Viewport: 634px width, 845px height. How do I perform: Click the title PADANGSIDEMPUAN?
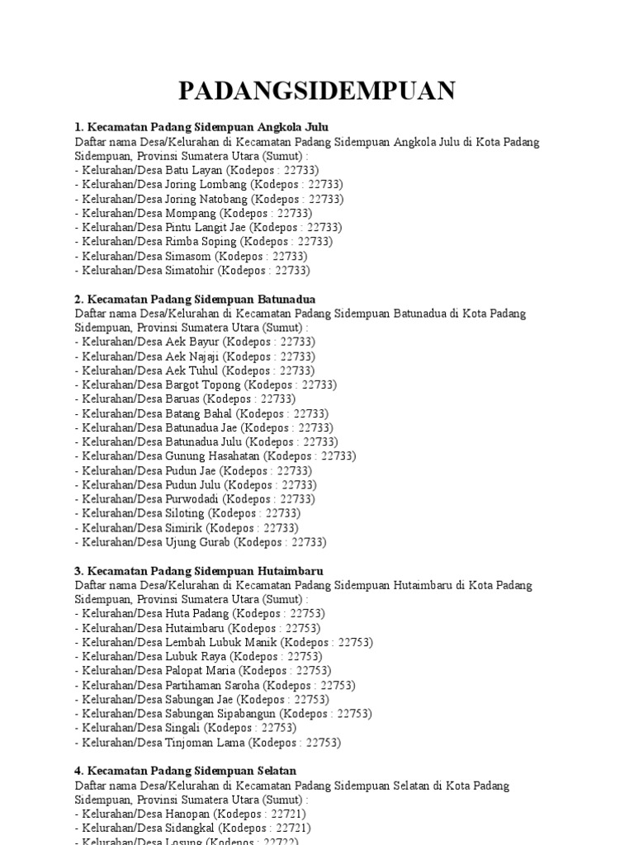pyautogui.click(x=317, y=91)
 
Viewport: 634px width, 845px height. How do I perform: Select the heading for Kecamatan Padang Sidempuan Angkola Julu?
pyautogui.click(x=201, y=127)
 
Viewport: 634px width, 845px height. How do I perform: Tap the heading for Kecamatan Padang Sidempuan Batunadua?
pyautogui.click(x=195, y=299)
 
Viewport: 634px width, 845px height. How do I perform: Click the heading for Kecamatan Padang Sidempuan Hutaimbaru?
pyautogui.click(x=198, y=571)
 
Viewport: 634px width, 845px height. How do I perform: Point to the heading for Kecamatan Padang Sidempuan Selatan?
pyautogui.click(x=185, y=771)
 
